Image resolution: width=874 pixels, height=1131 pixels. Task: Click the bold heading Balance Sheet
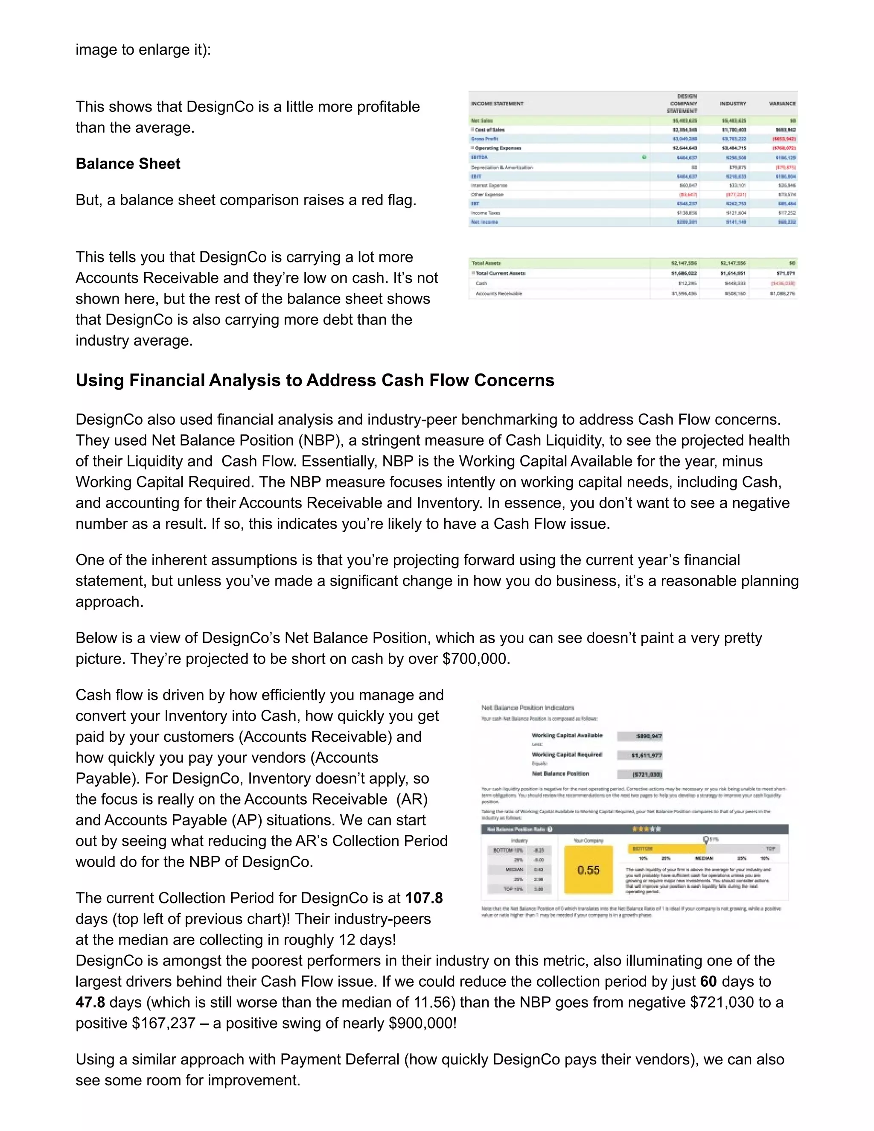(x=128, y=163)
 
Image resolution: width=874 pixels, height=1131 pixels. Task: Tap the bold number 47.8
(x=90, y=1002)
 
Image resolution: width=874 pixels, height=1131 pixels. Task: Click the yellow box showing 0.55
(x=588, y=870)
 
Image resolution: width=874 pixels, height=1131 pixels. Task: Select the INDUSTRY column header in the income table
(x=732, y=104)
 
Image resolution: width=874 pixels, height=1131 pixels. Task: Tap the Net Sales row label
(x=482, y=121)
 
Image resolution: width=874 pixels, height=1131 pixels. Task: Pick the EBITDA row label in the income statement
(x=479, y=157)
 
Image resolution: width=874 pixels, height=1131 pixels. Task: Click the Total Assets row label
(x=486, y=263)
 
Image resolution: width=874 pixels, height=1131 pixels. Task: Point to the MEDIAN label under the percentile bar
(x=704, y=859)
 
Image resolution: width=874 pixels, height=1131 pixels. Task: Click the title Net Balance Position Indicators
(x=527, y=707)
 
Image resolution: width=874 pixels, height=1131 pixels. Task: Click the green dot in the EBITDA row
(x=644, y=157)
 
